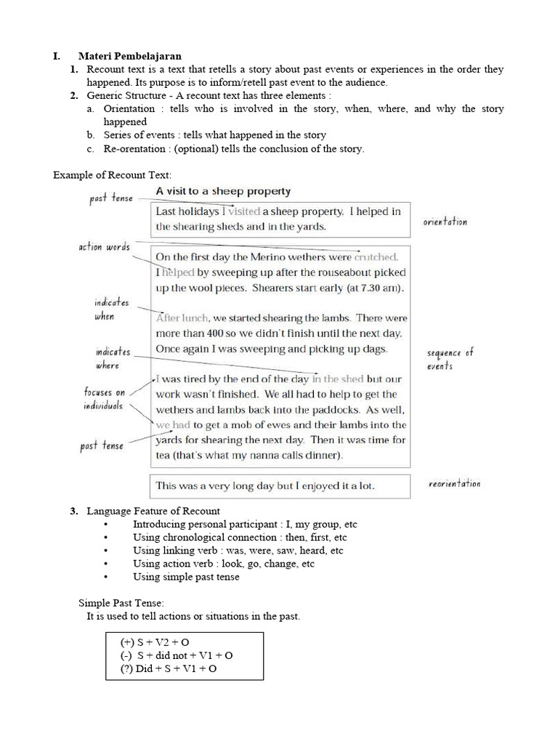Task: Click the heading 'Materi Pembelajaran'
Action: [129, 56]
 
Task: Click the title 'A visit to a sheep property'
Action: [223, 191]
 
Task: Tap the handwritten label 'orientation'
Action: [445, 222]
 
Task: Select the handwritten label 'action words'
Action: [104, 247]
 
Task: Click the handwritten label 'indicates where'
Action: [113, 358]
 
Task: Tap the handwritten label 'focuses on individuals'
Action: [104, 399]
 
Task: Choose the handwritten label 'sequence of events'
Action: [450, 359]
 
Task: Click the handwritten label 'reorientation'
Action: [453, 484]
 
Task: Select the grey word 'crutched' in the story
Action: [376, 257]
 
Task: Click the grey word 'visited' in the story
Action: [243, 211]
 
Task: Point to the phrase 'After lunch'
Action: [182, 318]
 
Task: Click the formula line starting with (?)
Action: [169, 668]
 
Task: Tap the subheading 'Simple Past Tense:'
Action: [121, 603]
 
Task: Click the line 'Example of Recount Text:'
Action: [113, 175]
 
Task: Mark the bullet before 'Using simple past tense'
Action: [107, 577]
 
